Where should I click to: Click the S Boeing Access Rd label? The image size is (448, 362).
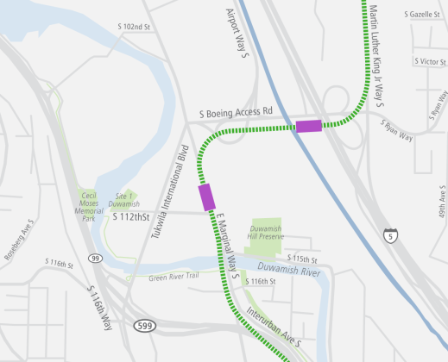coord(236,112)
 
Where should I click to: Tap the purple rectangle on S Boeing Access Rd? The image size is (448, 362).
coord(308,127)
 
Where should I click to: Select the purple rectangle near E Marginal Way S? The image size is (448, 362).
coord(206,197)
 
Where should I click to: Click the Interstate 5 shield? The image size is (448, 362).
coord(392,234)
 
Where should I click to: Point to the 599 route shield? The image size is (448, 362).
coord(145,325)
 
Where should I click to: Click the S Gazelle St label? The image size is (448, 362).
coord(423,16)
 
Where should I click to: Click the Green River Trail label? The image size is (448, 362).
coord(174,278)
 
